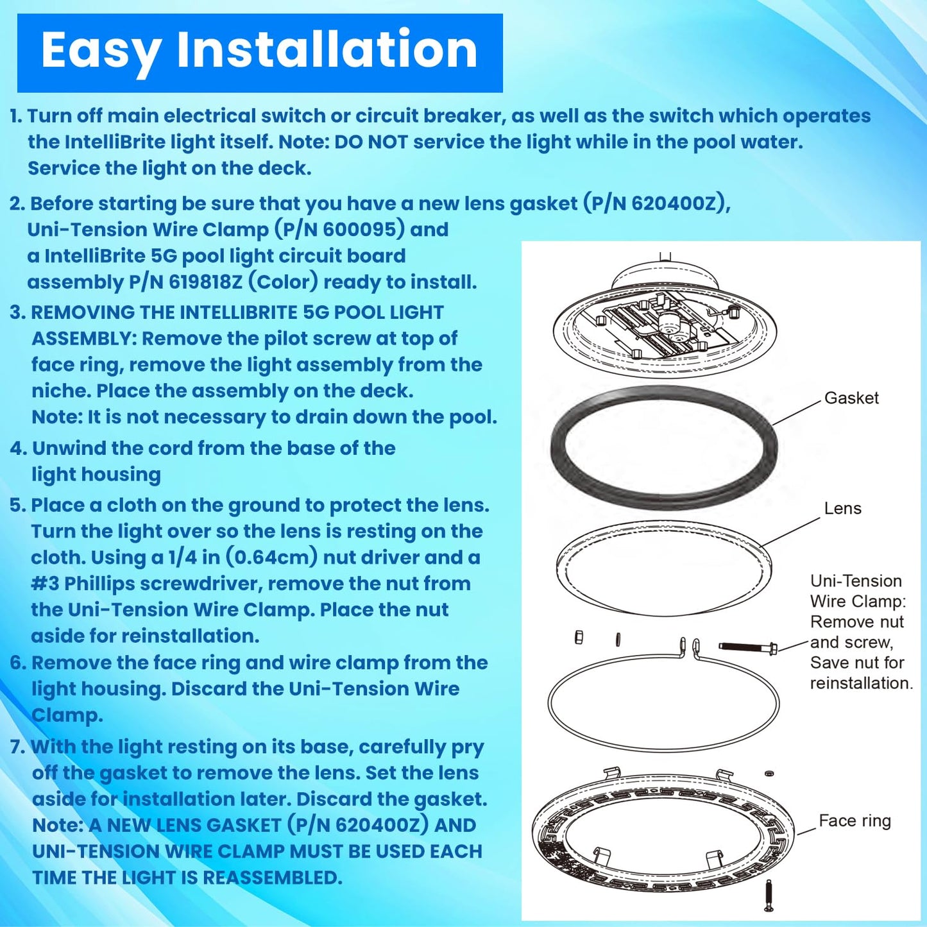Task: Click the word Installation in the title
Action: [x=327, y=49]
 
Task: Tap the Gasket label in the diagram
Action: [x=851, y=398]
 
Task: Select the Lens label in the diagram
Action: [x=842, y=508]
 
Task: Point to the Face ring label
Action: [x=855, y=821]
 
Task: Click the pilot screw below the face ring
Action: [x=769, y=894]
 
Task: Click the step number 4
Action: [x=16, y=448]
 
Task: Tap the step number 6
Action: [x=16, y=663]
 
